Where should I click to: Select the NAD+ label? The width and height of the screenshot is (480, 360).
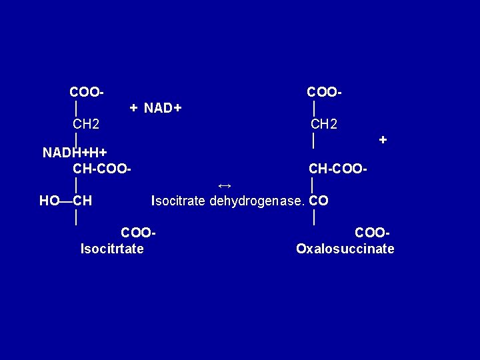tap(163, 107)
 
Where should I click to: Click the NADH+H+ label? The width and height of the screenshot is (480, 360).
tap(75, 153)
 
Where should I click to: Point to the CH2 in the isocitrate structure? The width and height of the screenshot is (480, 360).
tap(87, 124)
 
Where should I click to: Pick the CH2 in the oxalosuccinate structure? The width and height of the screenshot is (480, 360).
tap(324, 124)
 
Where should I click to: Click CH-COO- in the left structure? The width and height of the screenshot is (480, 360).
tap(102, 169)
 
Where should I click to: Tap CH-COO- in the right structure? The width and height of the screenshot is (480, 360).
tap(337, 169)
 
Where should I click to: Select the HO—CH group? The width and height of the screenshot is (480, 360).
tap(65, 200)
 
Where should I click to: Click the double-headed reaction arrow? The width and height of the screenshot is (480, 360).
tap(225, 184)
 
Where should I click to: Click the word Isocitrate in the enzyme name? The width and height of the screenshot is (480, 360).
tap(179, 200)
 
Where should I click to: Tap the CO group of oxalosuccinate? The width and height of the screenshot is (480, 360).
tap(319, 200)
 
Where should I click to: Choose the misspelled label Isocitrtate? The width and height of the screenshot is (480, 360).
tap(113, 249)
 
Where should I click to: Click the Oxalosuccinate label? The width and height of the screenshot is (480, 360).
tap(345, 249)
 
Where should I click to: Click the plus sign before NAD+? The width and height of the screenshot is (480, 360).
tap(134, 107)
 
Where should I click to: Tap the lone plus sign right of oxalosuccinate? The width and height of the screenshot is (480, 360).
tap(383, 140)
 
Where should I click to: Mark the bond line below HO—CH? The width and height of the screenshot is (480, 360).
tap(78, 217)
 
